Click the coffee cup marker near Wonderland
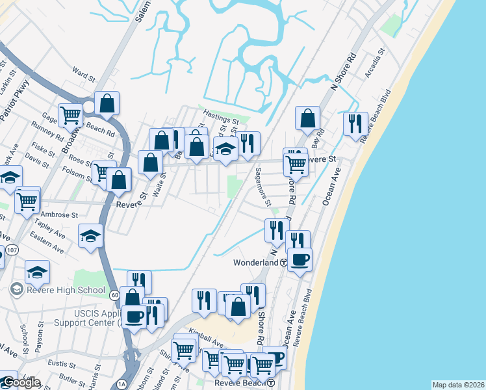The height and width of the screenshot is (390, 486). point(300,259)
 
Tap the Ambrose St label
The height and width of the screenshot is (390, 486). point(59,214)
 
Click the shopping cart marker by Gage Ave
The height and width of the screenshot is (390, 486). point(70,116)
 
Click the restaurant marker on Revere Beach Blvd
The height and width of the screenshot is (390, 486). point(355,123)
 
